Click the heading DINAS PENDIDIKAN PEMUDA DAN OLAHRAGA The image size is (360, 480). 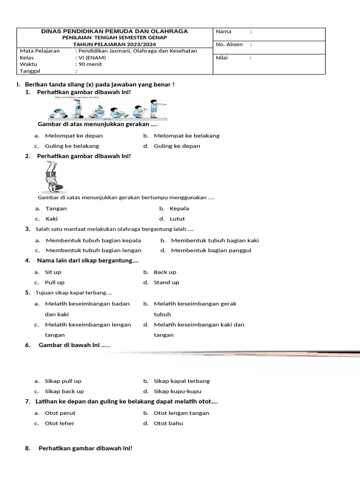[115, 31]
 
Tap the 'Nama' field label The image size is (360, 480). [224, 31]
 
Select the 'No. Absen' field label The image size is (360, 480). [229, 45]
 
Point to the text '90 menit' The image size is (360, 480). [89, 64]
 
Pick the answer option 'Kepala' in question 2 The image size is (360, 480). [179, 209]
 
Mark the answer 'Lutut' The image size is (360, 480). [177, 219]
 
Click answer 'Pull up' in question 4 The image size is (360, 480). [54, 282]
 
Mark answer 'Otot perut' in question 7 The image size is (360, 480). [60, 413]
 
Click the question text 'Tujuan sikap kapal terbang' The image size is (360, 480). [74, 293]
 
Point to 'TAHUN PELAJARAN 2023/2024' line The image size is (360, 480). [115, 44]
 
